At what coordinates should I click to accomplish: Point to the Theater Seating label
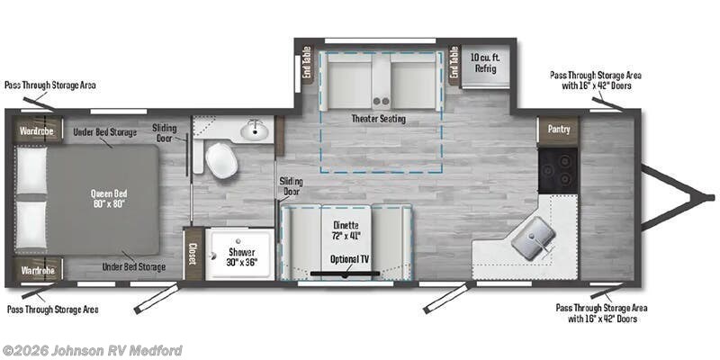[379, 119]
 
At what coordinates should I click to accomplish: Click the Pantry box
[559, 130]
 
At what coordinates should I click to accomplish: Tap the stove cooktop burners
[558, 166]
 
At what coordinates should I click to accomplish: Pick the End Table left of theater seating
[306, 64]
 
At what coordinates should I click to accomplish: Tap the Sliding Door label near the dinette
[290, 186]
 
